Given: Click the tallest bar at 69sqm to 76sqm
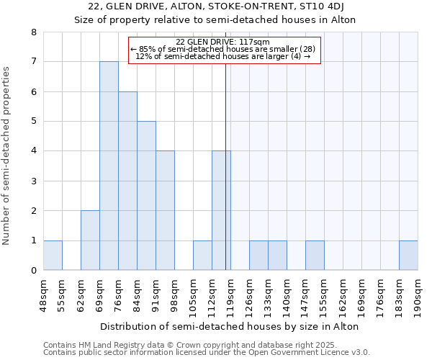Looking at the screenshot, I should [x=109, y=166].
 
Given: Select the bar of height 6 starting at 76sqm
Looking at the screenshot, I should [x=127, y=181].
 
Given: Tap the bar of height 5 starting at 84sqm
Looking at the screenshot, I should [x=146, y=196].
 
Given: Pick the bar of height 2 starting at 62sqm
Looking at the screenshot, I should [x=90, y=240].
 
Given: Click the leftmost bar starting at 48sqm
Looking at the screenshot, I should [x=53, y=256].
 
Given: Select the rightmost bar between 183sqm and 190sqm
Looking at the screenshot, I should [x=408, y=256].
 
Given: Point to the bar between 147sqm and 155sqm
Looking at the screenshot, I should [x=315, y=256].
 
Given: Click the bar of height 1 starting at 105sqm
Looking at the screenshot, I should [x=202, y=256].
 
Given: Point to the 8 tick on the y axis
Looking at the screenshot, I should [x=33, y=32].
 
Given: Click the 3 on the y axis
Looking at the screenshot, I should [x=33, y=181].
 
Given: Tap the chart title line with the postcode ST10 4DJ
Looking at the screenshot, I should [x=216, y=7].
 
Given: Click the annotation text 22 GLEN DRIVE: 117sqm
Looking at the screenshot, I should [x=222, y=42].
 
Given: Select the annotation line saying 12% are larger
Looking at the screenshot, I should [x=222, y=56].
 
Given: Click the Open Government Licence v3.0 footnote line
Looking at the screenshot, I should [x=207, y=353].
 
